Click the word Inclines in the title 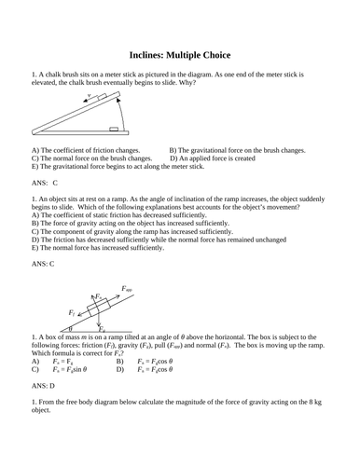pos(146,55)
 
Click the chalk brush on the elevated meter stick pos(94,103)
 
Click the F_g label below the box pos(102,329)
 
